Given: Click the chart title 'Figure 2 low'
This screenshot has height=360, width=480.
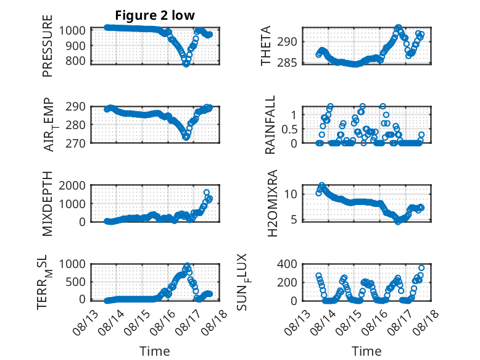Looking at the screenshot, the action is (x=155, y=15).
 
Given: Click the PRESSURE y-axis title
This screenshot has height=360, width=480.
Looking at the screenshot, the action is (x=48, y=46).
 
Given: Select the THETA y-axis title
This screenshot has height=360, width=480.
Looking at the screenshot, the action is (x=266, y=46).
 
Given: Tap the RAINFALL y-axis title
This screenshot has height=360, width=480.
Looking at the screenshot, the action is (x=270, y=125).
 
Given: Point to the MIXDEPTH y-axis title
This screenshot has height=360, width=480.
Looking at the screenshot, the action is (x=48, y=203).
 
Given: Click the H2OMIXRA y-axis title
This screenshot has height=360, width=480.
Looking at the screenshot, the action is (x=272, y=203).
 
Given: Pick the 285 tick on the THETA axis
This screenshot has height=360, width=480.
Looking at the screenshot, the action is (x=287, y=63).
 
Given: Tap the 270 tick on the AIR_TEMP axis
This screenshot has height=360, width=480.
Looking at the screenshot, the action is (x=75, y=143).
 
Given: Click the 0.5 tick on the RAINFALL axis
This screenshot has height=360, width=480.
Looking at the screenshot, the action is (x=289, y=129).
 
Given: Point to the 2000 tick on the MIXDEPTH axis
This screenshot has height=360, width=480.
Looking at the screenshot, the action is (x=72, y=185).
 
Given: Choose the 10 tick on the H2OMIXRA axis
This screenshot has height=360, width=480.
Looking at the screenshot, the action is (x=291, y=194).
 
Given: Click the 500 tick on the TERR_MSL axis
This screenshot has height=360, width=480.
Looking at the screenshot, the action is (x=75, y=282).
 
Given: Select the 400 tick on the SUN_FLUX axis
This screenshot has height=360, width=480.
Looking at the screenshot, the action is (x=287, y=264).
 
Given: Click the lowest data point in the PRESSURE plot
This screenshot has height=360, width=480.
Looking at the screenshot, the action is (x=186, y=64).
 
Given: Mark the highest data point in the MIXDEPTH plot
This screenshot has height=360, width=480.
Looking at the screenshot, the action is (x=206, y=193).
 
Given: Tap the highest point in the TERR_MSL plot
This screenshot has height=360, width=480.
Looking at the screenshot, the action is (x=188, y=266).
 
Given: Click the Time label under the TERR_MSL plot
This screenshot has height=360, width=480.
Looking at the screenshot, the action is (x=155, y=351).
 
